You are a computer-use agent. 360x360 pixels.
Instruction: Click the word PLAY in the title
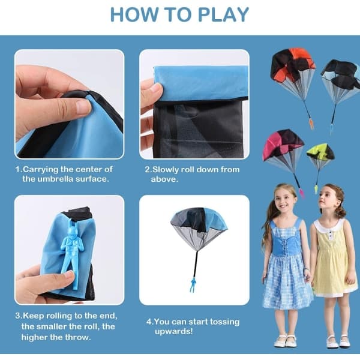(x=223, y=15)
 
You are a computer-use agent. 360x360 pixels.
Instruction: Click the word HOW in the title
(x=133, y=15)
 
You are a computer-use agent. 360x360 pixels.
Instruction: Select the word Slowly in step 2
(x=166, y=169)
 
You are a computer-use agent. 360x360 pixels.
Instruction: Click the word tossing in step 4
(x=224, y=322)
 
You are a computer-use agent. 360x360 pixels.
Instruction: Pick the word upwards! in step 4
(x=173, y=332)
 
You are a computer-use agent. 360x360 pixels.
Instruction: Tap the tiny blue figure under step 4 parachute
(x=193, y=284)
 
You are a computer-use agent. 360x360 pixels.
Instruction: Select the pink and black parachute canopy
(x=283, y=143)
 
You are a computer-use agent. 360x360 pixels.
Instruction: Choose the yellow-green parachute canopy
(x=320, y=152)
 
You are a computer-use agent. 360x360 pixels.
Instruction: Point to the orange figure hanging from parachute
(x=311, y=124)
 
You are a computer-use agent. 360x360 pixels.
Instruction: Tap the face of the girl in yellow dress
(x=326, y=200)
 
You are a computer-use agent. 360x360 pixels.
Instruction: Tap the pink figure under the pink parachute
(x=301, y=193)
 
